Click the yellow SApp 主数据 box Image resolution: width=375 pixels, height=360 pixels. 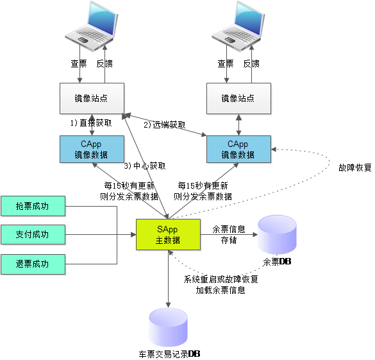168,235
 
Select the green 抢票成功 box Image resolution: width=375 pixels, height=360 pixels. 33,206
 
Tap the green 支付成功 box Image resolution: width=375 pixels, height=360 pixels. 33,235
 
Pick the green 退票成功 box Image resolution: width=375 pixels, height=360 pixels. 33,264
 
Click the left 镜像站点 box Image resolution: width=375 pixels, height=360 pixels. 92,98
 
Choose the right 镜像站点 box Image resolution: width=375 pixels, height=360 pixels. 238,98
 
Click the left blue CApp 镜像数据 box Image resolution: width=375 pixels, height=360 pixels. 92,149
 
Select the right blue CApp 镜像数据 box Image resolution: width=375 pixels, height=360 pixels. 238,149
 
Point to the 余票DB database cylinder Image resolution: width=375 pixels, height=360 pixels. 277,234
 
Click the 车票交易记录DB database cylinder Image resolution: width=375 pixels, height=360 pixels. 168,327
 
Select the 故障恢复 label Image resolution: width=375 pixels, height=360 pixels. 355,167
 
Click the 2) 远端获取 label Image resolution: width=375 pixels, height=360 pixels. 165,124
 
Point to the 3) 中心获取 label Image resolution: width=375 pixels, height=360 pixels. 145,166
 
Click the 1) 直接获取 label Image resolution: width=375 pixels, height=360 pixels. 91,123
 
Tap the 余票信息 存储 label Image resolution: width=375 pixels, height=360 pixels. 229,235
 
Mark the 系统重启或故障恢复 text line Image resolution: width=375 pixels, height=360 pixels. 221,279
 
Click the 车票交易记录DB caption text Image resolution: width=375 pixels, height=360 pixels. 169,354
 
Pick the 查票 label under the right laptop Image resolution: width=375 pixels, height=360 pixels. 226,64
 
